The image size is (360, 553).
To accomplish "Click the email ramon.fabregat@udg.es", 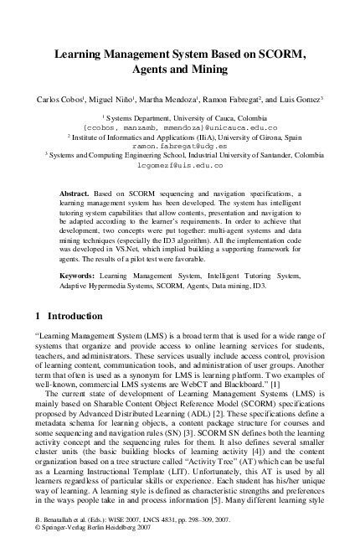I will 179,144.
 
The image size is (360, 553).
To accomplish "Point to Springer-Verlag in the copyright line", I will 64,541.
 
